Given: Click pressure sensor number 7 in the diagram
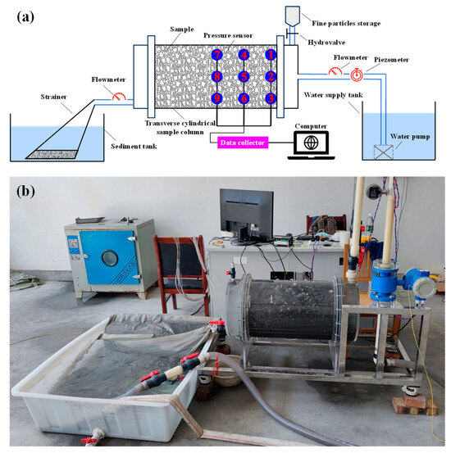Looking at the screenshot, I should click(216, 54).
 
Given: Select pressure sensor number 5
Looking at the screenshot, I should click(244, 76).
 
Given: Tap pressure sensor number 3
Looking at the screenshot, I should click(271, 98).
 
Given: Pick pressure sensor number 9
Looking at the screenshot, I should click(216, 98).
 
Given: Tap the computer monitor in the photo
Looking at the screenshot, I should click(247, 211).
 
